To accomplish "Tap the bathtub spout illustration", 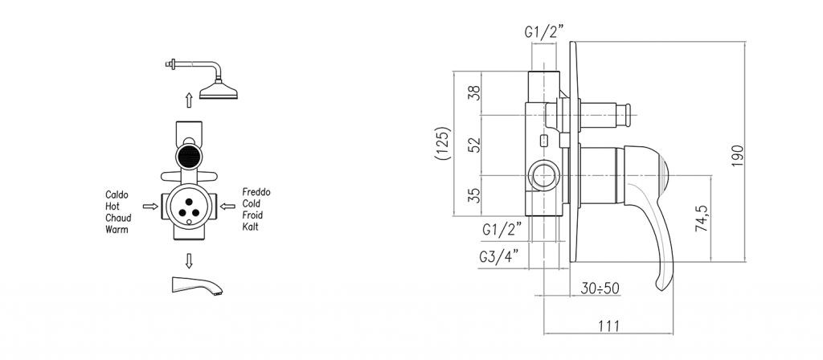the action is coord(197,285).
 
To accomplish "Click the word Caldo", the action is coord(117,194).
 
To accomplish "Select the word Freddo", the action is coord(256,192).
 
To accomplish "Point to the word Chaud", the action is coord(118,218).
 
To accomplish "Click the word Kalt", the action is coord(251,227).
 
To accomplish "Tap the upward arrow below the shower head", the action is coord(189,100).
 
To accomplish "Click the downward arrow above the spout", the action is coord(189,260).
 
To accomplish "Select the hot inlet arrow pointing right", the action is coord(150,207).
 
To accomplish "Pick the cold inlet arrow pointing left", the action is coord(227,207).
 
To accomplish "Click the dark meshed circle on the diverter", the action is coord(189,157).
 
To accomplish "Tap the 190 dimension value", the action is coord(738,156).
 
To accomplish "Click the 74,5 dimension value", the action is coord(702,219).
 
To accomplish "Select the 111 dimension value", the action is coord(609,326).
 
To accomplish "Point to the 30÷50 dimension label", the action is coord(600,288).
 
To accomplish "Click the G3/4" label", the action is coord(499,256).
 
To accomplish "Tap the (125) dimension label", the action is coord(444,143).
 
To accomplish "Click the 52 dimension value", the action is coord(474,145).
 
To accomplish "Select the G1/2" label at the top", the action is coord(544,32).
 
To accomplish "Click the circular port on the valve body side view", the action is coord(544,174).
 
